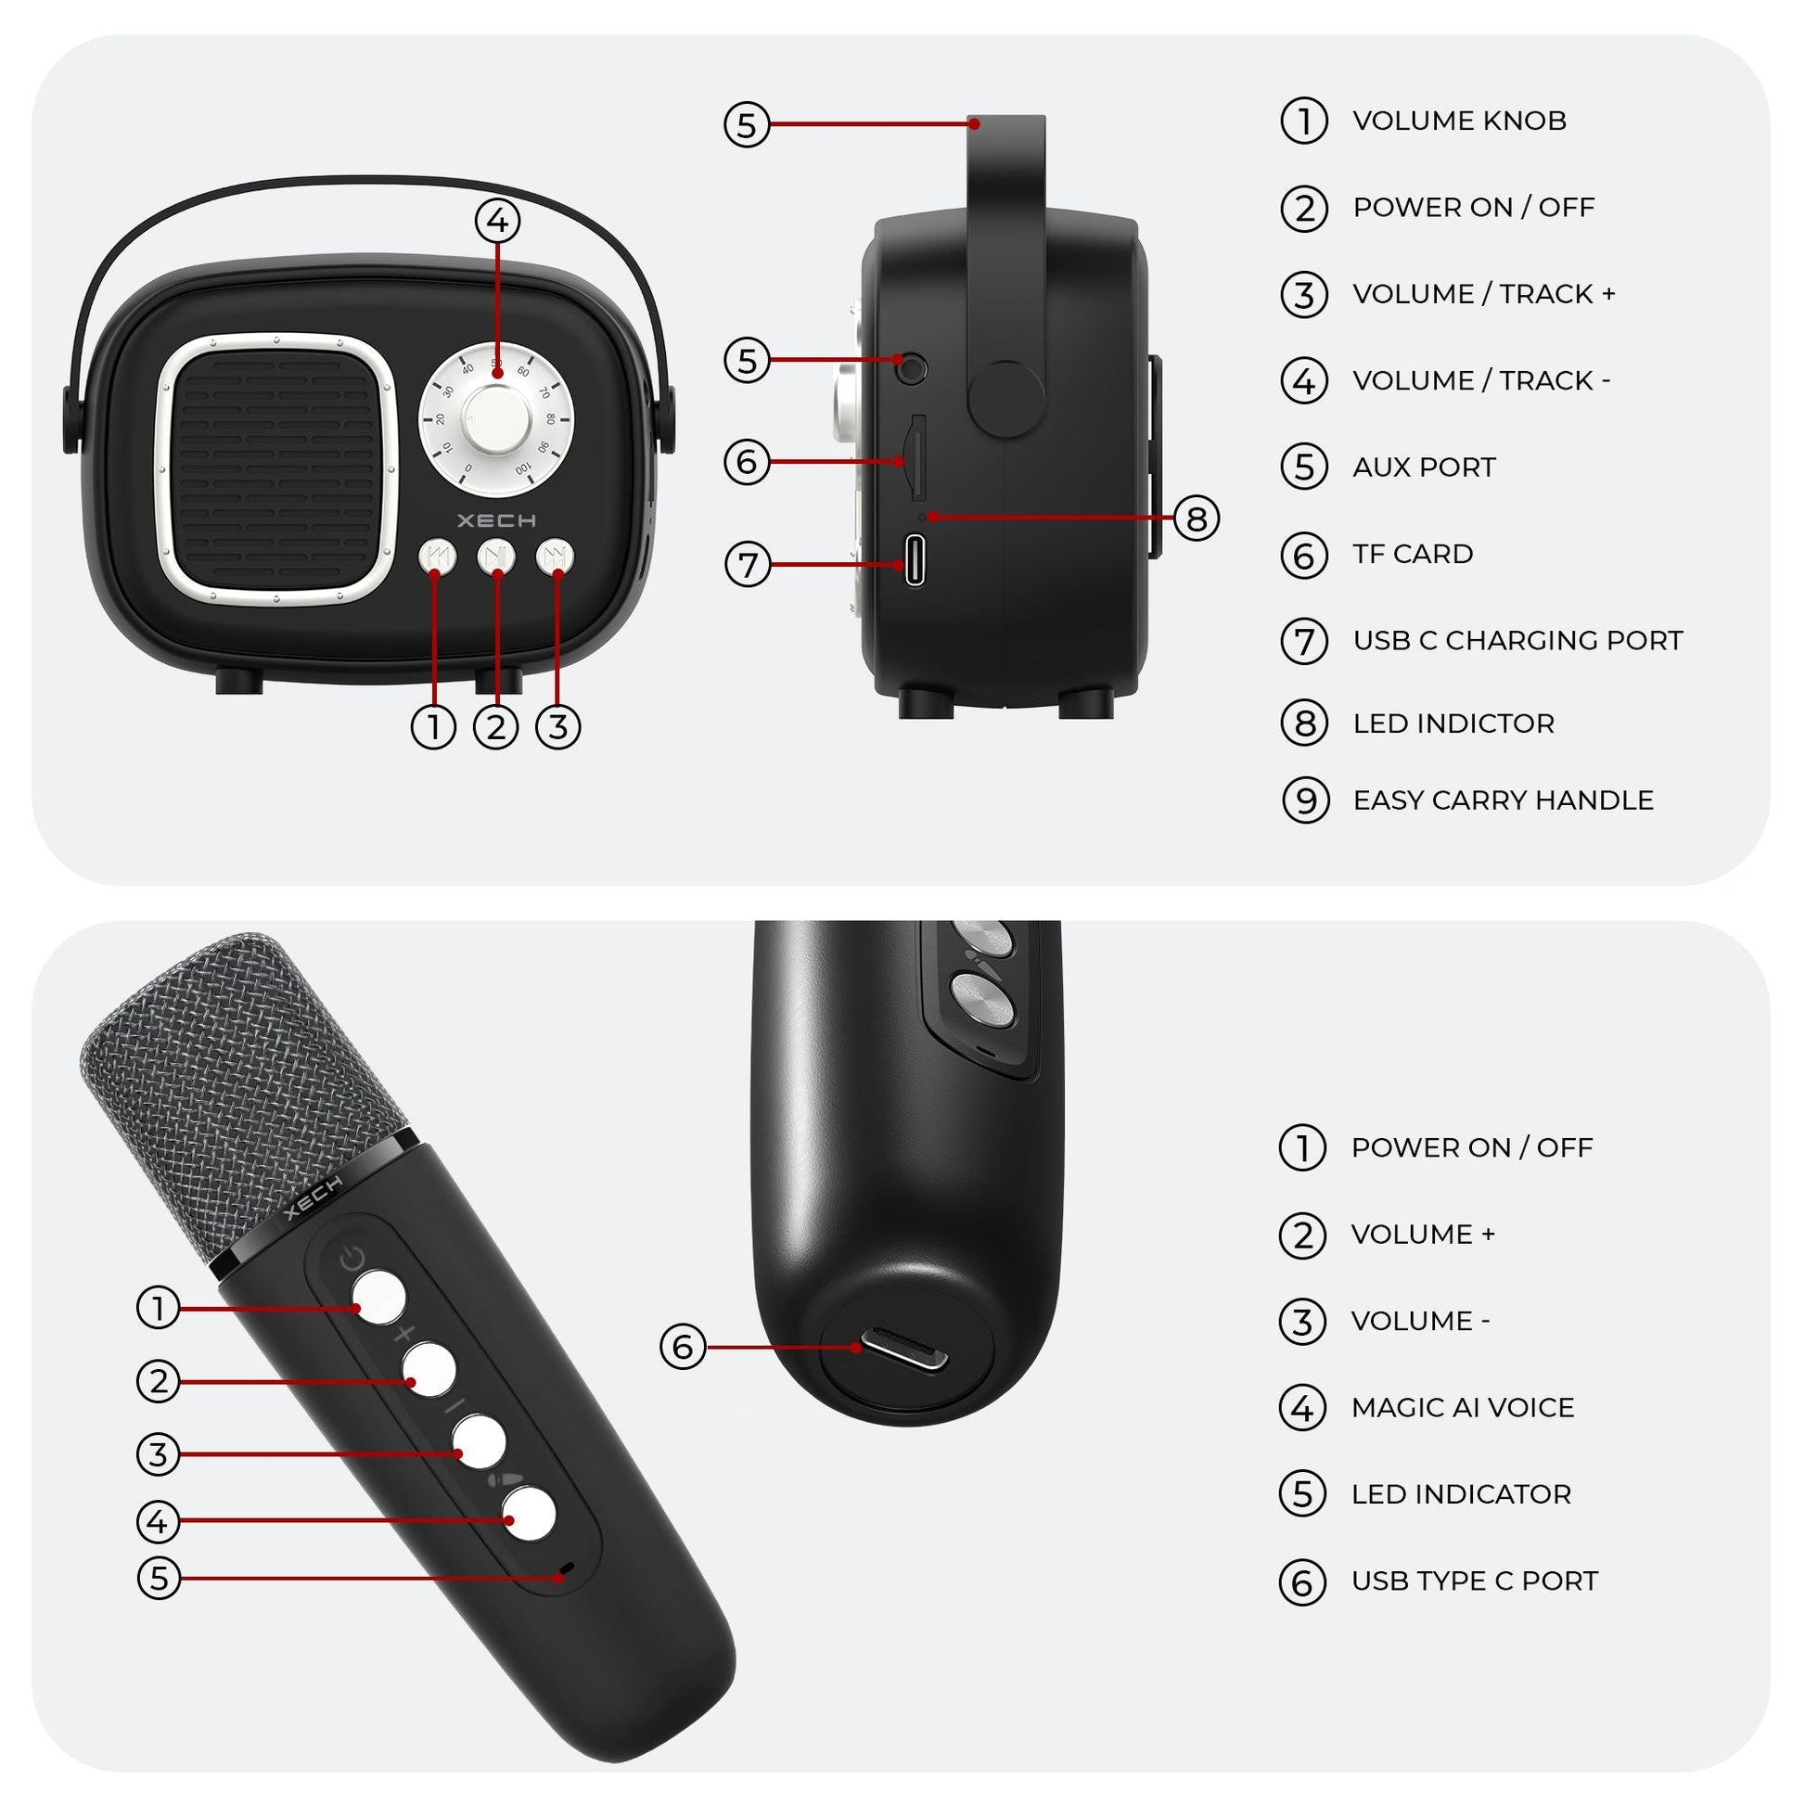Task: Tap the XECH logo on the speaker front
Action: click(x=496, y=520)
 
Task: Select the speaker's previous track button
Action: click(x=436, y=557)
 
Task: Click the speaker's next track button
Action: click(x=555, y=557)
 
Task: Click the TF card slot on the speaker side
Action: click(x=917, y=458)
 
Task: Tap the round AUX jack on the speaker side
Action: click(x=911, y=367)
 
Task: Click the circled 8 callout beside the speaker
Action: click(x=1197, y=518)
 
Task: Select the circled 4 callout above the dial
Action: click(x=497, y=222)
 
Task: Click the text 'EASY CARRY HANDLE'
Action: click(x=1503, y=800)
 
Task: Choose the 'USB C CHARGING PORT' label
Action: click(x=1517, y=641)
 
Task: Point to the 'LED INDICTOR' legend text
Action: click(x=1453, y=723)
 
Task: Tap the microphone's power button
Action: click(x=379, y=1297)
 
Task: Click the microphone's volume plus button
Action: click(x=429, y=1369)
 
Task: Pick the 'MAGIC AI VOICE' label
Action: click(x=1462, y=1407)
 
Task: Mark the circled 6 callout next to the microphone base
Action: click(x=683, y=1346)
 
